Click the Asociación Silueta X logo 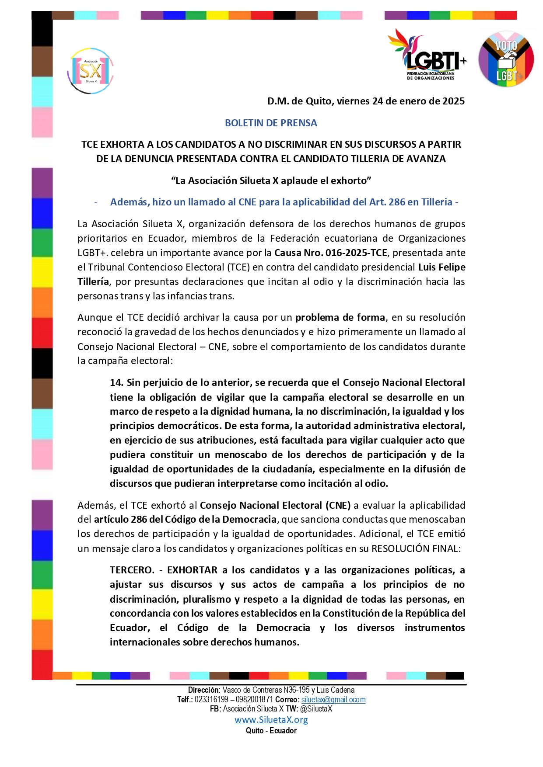91,71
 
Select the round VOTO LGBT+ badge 506,59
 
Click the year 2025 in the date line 453,101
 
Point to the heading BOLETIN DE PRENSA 271,123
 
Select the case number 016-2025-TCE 356,253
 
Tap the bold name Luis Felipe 441,267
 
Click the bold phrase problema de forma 340,318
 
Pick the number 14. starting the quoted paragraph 116,383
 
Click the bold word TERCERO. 132,570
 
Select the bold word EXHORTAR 192,570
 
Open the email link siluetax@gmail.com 333,700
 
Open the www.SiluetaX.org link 271,720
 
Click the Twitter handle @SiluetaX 316,709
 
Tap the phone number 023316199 211,700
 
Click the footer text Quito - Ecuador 271,731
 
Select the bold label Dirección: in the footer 204,690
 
